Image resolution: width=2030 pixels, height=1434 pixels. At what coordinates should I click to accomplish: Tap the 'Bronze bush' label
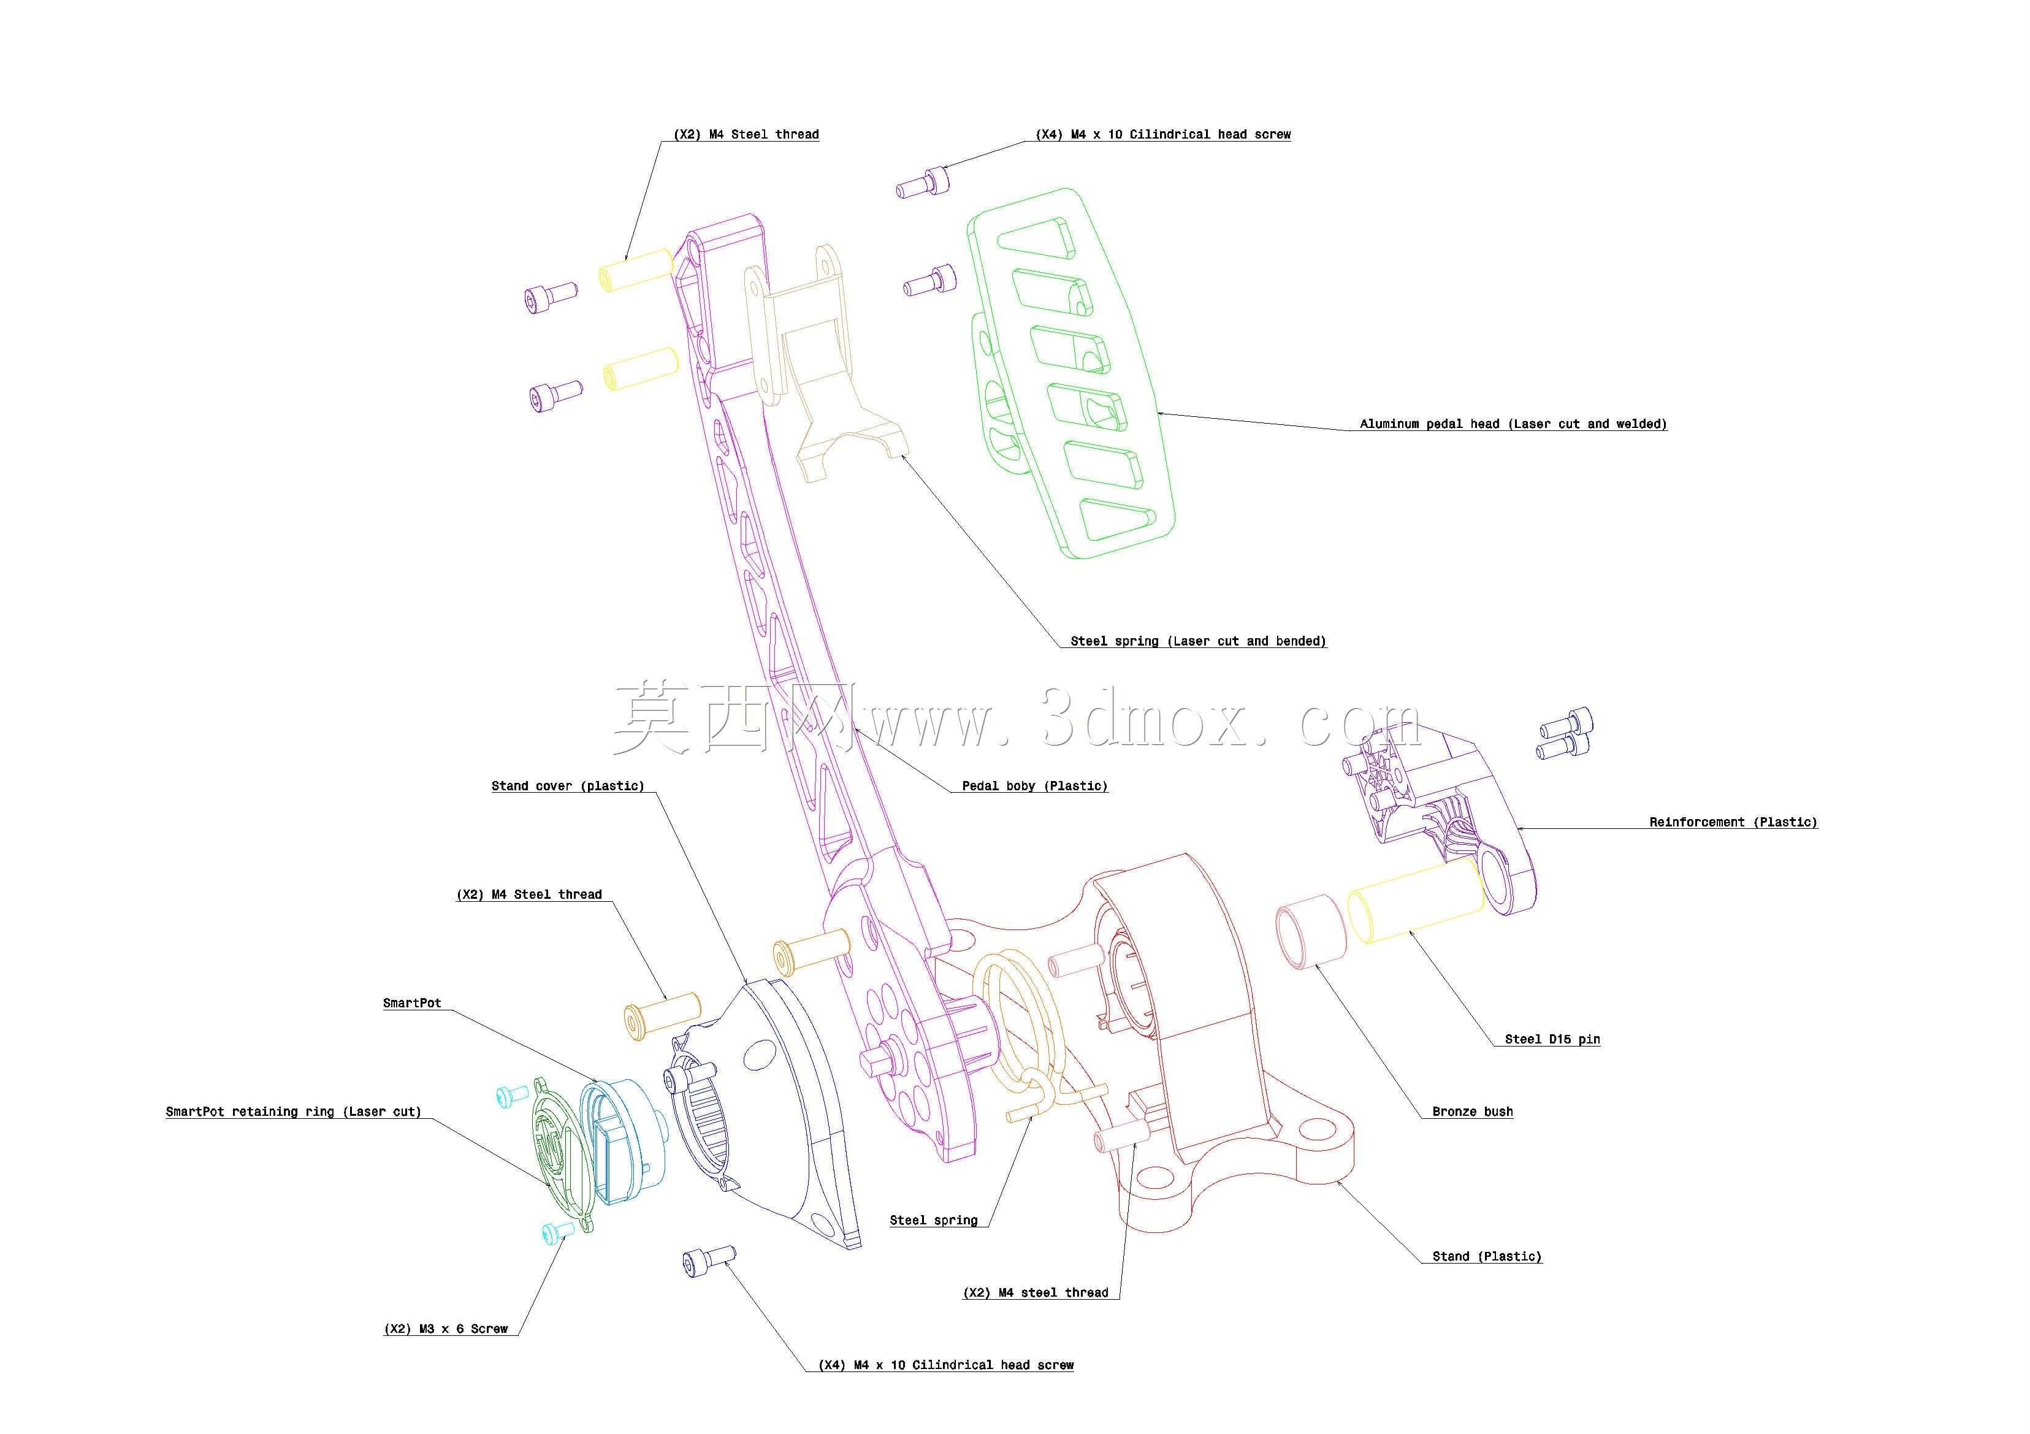[1473, 1112]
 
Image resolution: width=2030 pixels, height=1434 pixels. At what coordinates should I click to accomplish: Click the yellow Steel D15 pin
[1414, 902]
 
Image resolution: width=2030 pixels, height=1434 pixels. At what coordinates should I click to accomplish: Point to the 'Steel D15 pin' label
[1552, 1039]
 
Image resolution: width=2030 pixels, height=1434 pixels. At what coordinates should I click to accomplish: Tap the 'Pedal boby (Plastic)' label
[1034, 785]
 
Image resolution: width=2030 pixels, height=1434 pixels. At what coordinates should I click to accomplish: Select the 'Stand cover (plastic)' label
[568, 785]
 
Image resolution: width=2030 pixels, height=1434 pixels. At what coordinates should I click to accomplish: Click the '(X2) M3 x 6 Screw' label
[446, 1328]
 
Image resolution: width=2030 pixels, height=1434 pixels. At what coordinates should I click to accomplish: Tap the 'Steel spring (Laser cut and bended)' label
[1198, 640]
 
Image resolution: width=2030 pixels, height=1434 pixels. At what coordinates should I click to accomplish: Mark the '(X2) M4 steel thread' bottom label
[1036, 1292]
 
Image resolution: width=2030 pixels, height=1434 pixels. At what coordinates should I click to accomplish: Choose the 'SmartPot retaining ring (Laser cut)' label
[294, 1112]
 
